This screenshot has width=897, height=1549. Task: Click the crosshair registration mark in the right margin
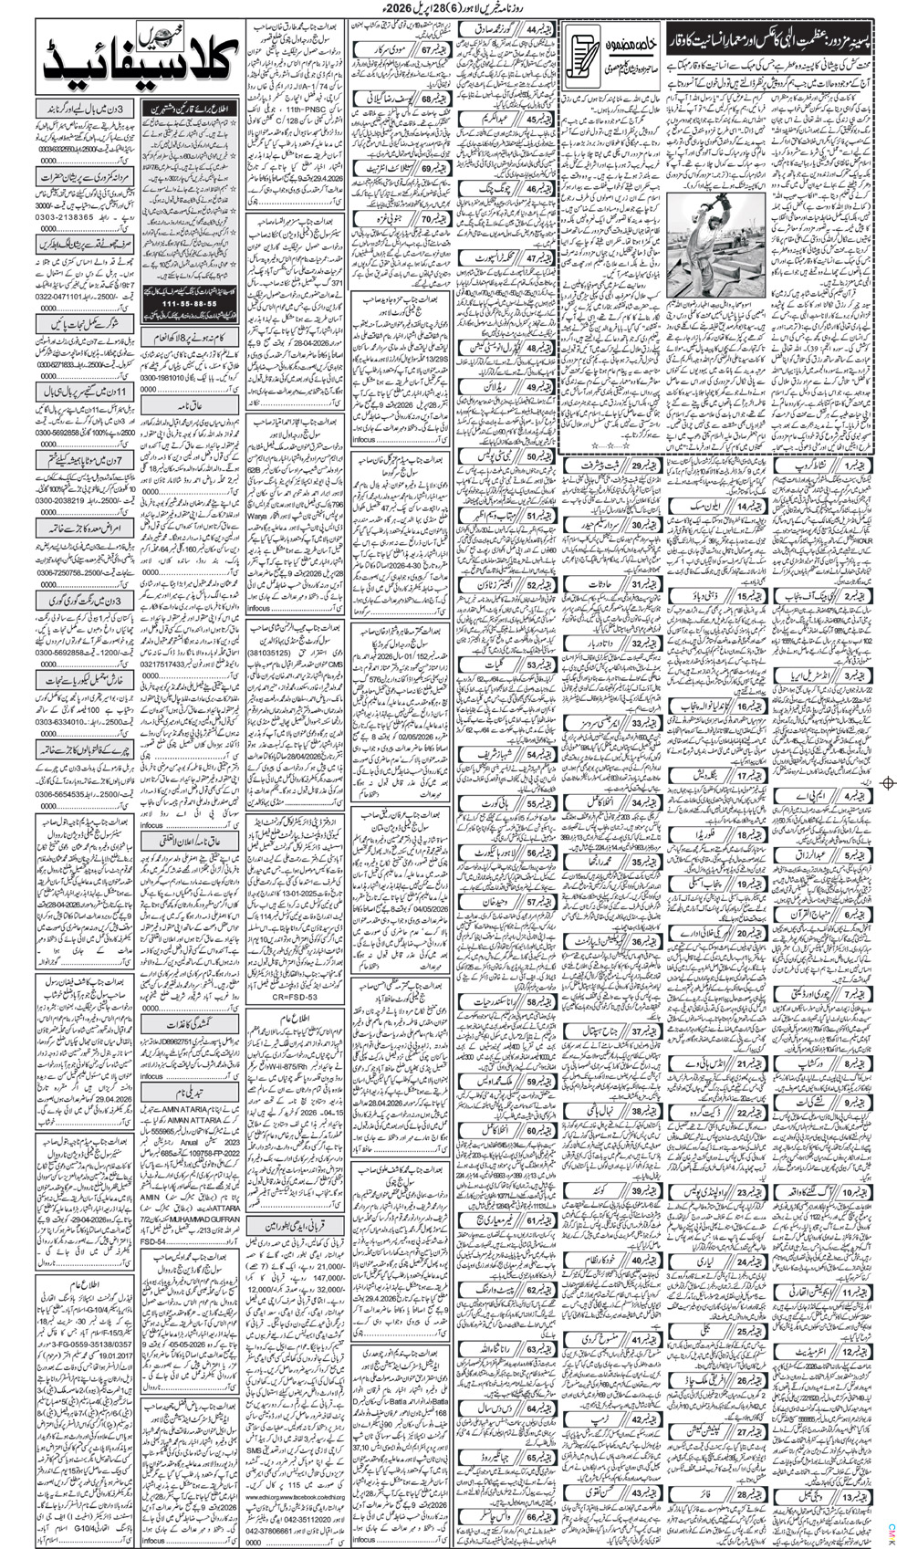click(x=888, y=782)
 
